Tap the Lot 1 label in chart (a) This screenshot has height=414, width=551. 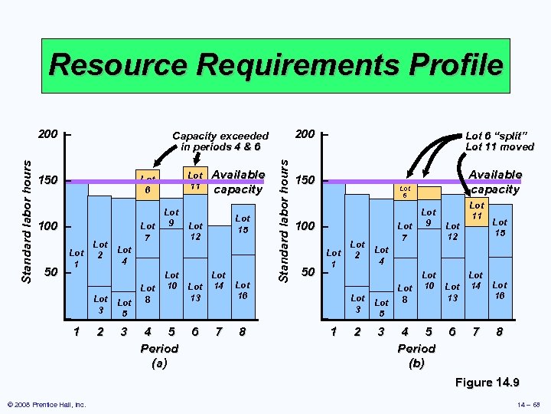(x=77, y=258)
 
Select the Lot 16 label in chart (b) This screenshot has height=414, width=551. (x=499, y=290)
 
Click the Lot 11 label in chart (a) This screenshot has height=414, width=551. (x=195, y=180)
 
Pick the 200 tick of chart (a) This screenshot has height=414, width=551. (x=47, y=135)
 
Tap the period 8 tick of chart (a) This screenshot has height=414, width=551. (x=243, y=332)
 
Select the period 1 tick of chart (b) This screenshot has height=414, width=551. (x=333, y=332)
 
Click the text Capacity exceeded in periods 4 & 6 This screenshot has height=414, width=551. (x=220, y=140)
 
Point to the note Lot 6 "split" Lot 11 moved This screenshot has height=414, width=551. (x=500, y=140)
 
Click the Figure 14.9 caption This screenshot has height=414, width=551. (x=487, y=382)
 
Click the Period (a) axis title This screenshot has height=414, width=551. (x=159, y=354)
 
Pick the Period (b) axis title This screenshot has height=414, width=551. (x=416, y=354)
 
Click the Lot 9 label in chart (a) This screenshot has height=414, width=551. (x=172, y=218)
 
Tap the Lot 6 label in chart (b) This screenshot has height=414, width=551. (x=406, y=191)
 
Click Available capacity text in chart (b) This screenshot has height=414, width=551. (x=495, y=182)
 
